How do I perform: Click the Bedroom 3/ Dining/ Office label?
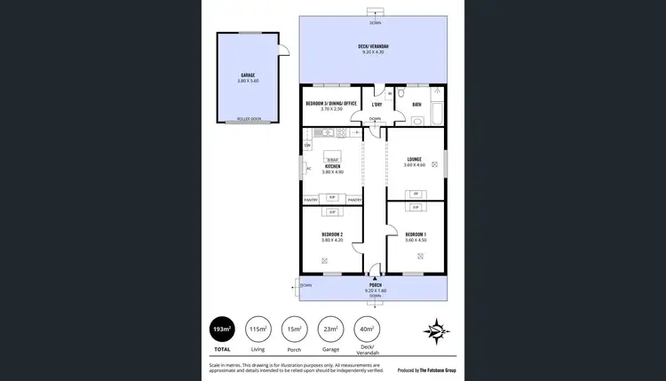point(331,104)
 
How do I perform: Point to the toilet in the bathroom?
point(402,92)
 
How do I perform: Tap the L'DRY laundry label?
point(377,105)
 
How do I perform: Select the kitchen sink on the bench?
point(326,132)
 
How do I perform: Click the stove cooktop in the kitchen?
point(343,132)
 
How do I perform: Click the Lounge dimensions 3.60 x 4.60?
point(415,165)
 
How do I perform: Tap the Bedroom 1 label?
point(416,235)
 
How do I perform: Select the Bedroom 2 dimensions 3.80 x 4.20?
point(331,241)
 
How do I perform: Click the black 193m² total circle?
point(222,329)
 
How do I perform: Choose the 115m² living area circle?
point(258,329)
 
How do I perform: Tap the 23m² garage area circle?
point(330,329)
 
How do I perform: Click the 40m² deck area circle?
point(367,329)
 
